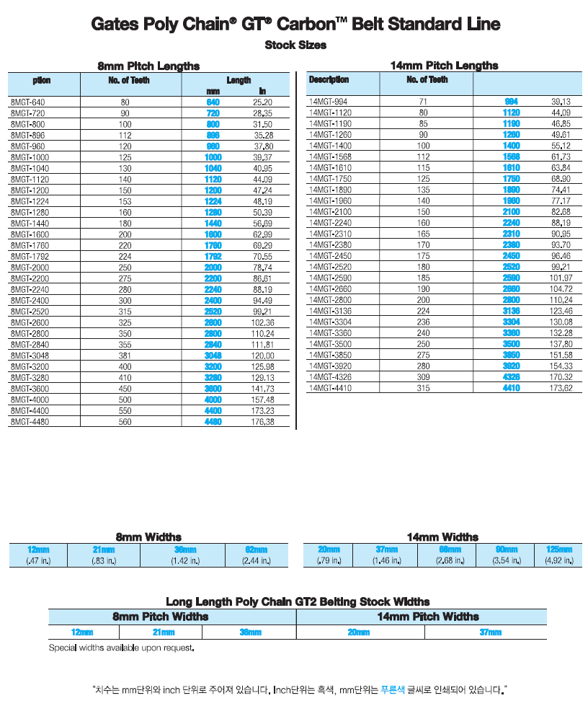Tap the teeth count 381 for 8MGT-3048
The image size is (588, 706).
125,356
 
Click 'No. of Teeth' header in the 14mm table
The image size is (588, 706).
427,80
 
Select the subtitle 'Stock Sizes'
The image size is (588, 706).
295,45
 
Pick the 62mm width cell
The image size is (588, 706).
257,550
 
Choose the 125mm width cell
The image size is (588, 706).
558,550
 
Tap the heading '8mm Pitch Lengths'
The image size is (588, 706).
148,66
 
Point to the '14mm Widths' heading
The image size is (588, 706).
442,537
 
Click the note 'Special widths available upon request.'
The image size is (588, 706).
121,648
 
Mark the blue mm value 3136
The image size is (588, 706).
511,312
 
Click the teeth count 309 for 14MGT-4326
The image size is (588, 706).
423,377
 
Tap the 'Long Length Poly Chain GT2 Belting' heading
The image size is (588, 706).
298,601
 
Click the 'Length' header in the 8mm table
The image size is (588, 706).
239,80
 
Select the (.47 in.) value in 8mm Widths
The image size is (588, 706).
37,560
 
